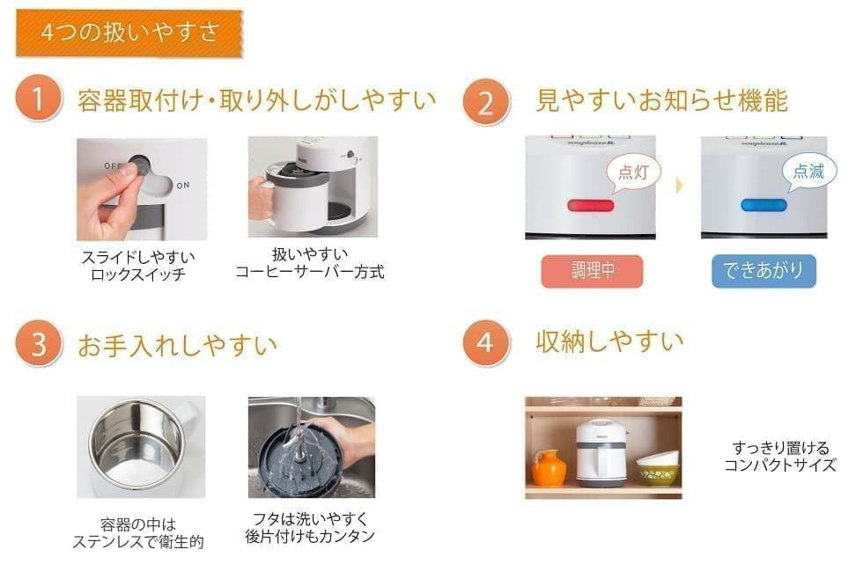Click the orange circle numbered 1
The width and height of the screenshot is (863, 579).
pyautogui.click(x=38, y=99)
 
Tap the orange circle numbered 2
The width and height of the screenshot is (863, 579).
pyautogui.click(x=485, y=102)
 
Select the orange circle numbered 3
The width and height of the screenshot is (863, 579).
pyautogui.click(x=38, y=344)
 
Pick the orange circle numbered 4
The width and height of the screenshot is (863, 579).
pyautogui.click(x=485, y=343)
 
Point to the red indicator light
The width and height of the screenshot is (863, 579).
pyautogui.click(x=591, y=206)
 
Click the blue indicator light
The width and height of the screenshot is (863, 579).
pyautogui.click(x=764, y=206)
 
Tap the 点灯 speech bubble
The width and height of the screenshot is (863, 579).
pyautogui.click(x=633, y=172)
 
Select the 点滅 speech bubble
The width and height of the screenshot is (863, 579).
pyautogui.click(x=808, y=172)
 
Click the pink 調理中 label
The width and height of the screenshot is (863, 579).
pyautogui.click(x=592, y=271)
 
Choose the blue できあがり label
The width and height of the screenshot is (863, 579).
pyautogui.click(x=763, y=271)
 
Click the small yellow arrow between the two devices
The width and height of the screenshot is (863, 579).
pyautogui.click(x=679, y=186)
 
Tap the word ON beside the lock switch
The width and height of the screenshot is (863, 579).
pyautogui.click(x=183, y=186)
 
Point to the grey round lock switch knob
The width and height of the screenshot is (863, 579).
pyautogui.click(x=138, y=165)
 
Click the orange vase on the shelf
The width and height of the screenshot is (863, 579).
pyautogui.click(x=549, y=468)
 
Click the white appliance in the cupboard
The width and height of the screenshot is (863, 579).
pyautogui.click(x=601, y=453)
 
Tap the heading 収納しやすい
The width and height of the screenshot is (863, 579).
pyautogui.click(x=609, y=342)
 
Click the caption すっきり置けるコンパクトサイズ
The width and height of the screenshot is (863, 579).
pyautogui.click(x=780, y=457)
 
